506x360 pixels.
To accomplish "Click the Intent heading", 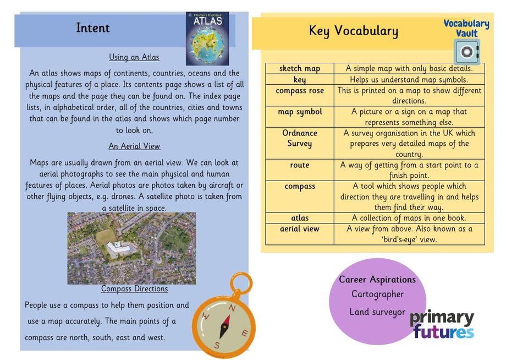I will pyautogui.click(x=93, y=28).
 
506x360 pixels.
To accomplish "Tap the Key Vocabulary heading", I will pyautogui.click(x=353, y=31).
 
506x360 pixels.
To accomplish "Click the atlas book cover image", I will pyautogui.click(x=207, y=39).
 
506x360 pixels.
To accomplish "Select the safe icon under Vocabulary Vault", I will pyautogui.click(x=466, y=52).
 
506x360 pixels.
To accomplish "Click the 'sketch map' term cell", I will pyautogui.click(x=300, y=69).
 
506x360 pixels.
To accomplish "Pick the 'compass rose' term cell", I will pyautogui.click(x=300, y=91).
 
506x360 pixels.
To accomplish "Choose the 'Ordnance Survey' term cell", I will pyautogui.click(x=300, y=138).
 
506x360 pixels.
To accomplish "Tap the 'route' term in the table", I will pyautogui.click(x=300, y=165).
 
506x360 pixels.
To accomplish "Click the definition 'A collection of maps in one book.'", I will pyautogui.click(x=409, y=218).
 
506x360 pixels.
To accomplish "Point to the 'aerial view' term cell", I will pyautogui.click(x=300, y=229).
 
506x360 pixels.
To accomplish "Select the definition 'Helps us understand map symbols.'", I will pyautogui.click(x=409, y=80).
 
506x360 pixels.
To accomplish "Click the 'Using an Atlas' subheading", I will pyautogui.click(x=134, y=57).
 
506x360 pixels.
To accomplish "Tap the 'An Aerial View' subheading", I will pyautogui.click(x=134, y=146).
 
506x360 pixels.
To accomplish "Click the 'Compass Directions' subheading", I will pyautogui.click(x=134, y=289).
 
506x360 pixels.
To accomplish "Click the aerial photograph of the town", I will pyautogui.click(x=131, y=248).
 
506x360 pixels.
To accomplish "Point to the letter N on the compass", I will pyautogui.click(x=232, y=308).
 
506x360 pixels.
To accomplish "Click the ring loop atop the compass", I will pyautogui.click(x=240, y=283).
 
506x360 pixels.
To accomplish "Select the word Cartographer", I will pyautogui.click(x=377, y=294).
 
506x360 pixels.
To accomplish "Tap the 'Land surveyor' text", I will pyautogui.click(x=377, y=312).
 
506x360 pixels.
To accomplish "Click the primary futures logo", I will pyautogui.click(x=442, y=325).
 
